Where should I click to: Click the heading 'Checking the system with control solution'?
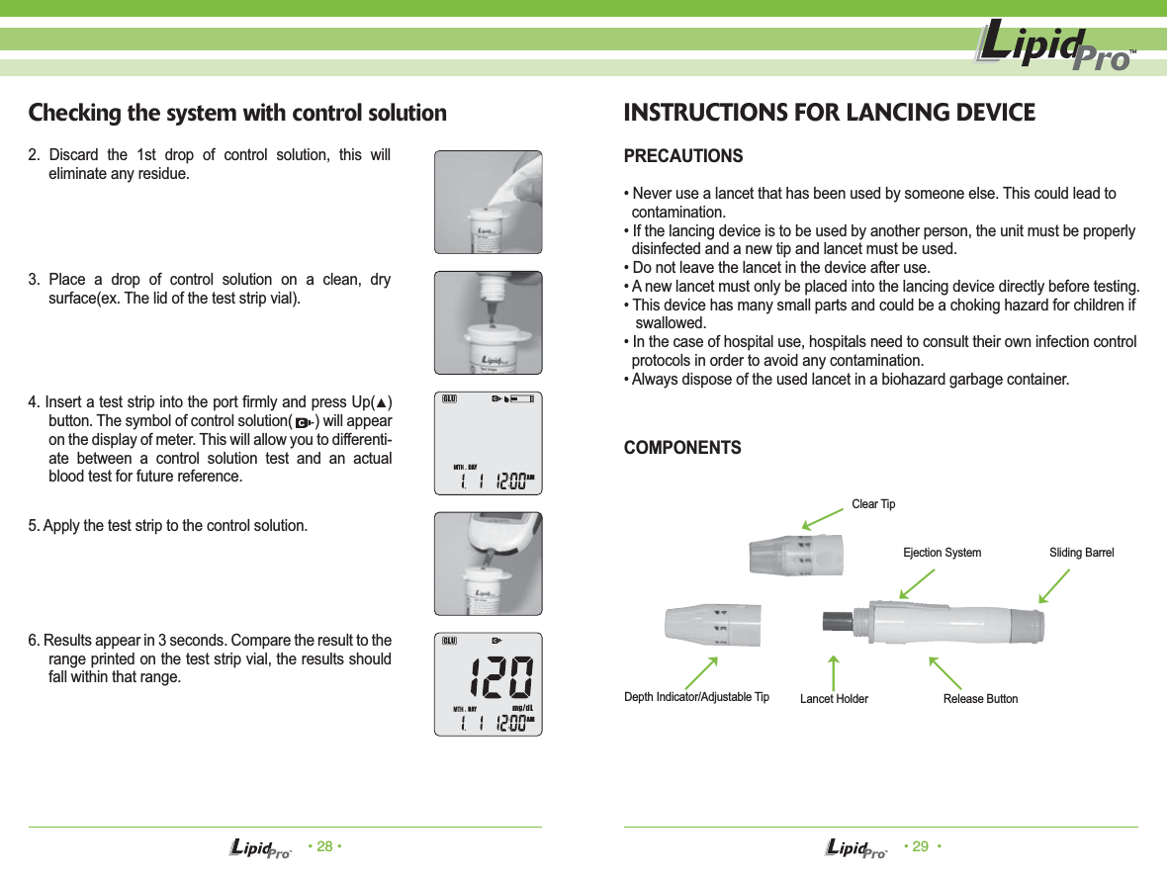(237, 113)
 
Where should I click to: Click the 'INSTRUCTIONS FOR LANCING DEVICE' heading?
(829, 113)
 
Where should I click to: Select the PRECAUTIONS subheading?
(683, 157)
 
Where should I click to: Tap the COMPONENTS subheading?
(682, 448)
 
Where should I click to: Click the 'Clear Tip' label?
(873, 504)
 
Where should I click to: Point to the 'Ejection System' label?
(942, 553)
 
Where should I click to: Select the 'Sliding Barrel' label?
(1081, 553)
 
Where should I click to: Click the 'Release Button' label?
(979, 699)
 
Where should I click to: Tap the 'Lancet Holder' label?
(834, 699)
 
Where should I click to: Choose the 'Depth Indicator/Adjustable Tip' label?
(696, 698)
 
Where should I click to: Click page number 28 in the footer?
(323, 846)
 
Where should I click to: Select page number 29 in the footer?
(920, 846)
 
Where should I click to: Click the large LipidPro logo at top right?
(1054, 47)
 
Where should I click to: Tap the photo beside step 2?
(489, 202)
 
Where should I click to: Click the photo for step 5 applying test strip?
(489, 563)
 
